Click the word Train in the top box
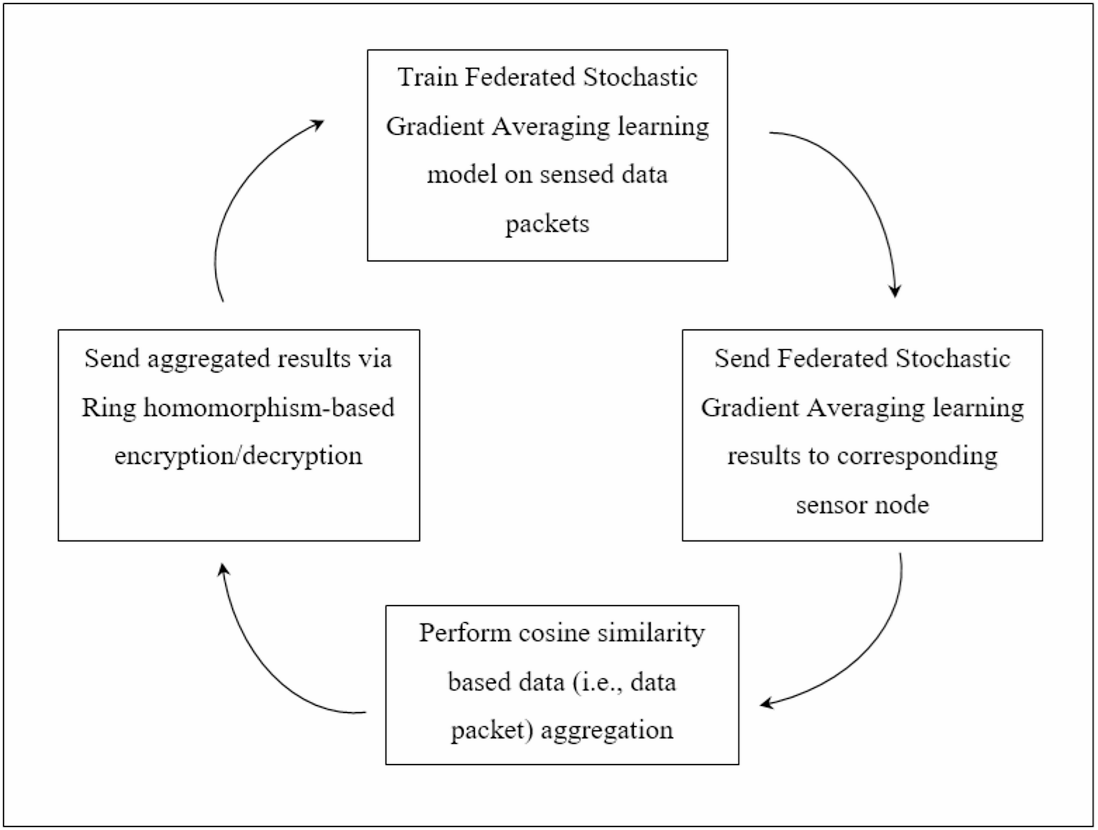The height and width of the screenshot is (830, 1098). pyautogui.click(x=427, y=77)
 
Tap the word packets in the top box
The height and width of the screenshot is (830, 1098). pyautogui.click(x=547, y=224)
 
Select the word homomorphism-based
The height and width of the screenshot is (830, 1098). pyautogui.click(x=269, y=408)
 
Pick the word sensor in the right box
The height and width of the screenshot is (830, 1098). pyautogui.click(x=830, y=504)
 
